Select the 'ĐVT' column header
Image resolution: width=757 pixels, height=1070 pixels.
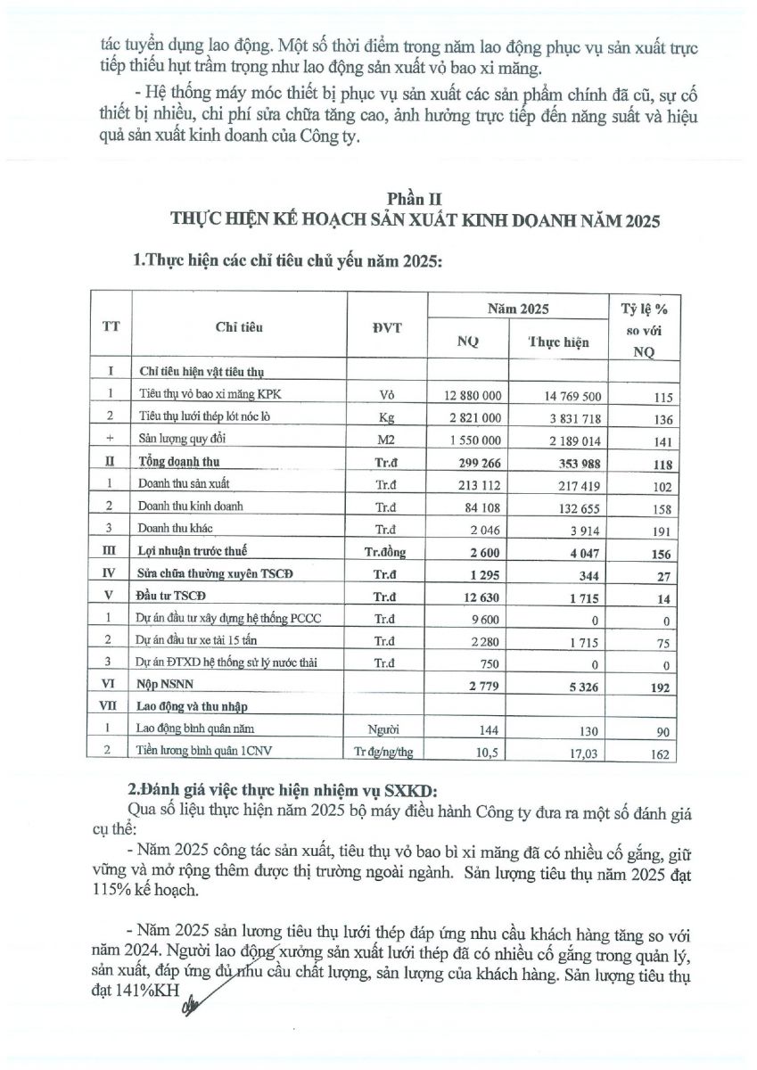click(386, 327)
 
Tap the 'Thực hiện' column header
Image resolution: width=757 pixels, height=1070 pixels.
click(559, 342)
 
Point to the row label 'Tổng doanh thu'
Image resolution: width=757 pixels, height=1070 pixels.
click(179, 461)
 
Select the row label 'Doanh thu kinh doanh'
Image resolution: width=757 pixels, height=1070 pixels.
click(192, 506)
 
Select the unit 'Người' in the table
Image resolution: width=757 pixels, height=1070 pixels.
click(386, 730)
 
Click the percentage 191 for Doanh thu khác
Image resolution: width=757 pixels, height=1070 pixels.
click(660, 530)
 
